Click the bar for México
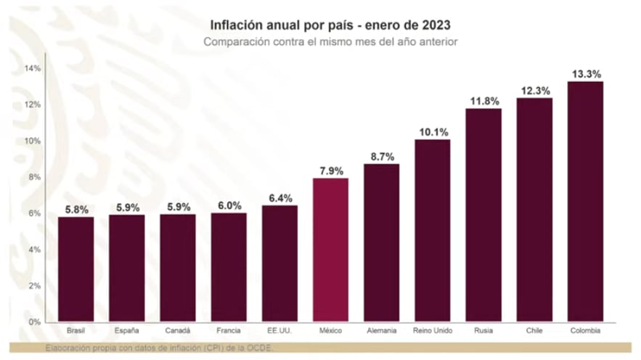click(x=330, y=250)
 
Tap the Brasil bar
click(x=75, y=269)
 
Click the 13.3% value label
click(x=584, y=74)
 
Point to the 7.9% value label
click(x=330, y=171)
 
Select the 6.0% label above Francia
click(x=229, y=205)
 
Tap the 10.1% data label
click(x=432, y=132)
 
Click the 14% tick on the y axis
click(x=32, y=68)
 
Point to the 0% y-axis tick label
click(x=35, y=322)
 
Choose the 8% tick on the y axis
click(x=35, y=177)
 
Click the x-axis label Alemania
click(x=381, y=331)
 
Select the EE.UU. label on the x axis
click(x=279, y=331)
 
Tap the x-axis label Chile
click(x=534, y=331)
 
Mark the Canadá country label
click(x=177, y=331)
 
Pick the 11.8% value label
click(x=483, y=101)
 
